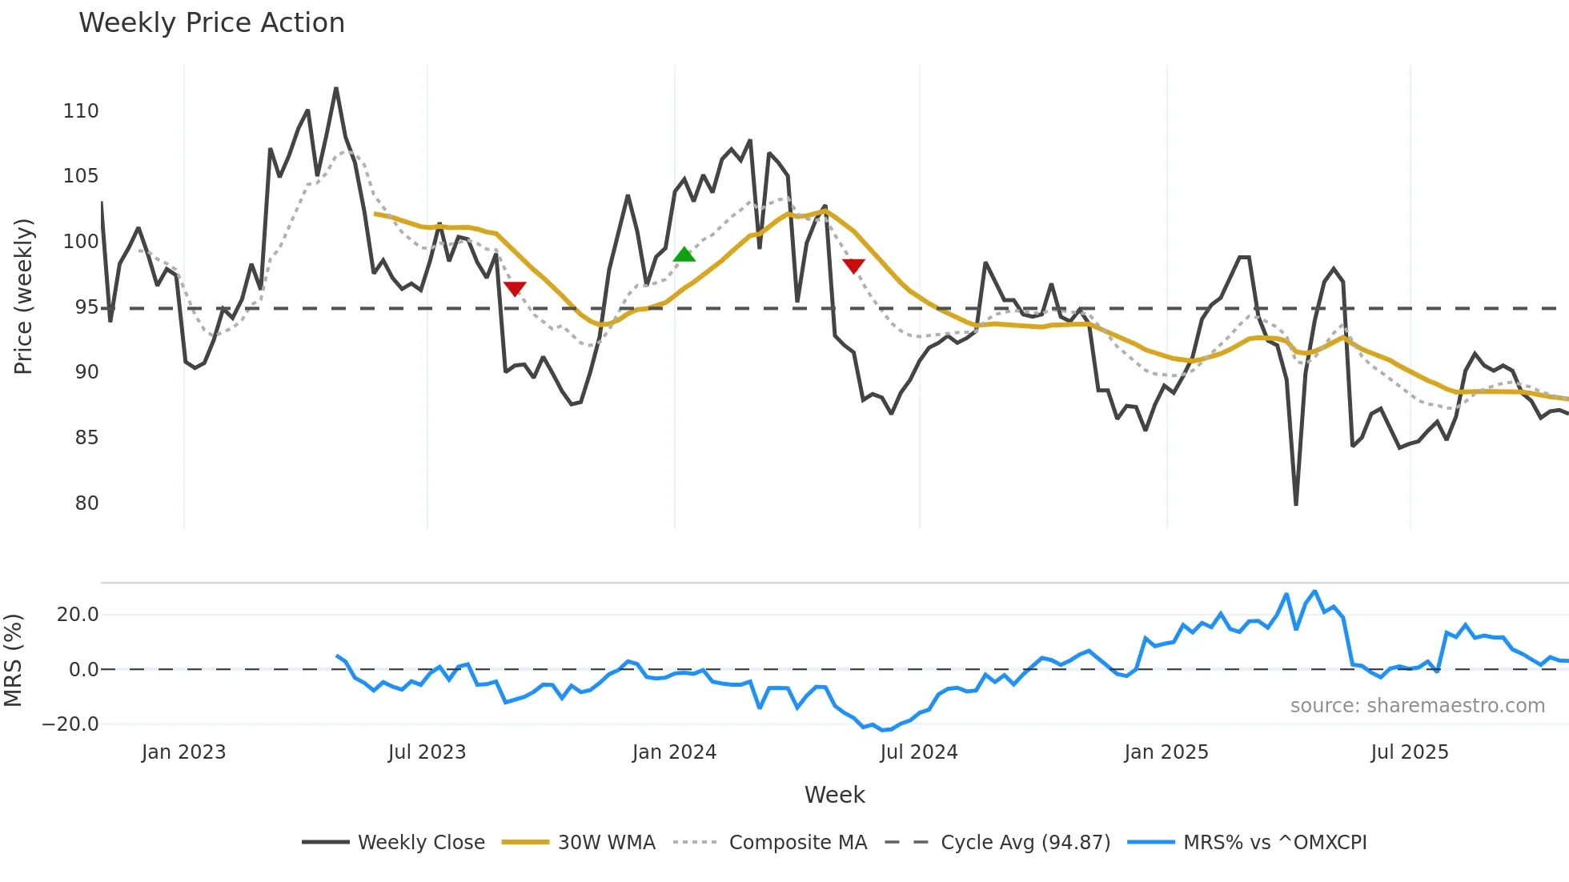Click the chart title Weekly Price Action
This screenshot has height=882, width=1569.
click(x=211, y=23)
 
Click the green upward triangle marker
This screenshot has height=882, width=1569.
click(x=684, y=255)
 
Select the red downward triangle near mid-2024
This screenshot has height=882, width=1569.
click(x=853, y=266)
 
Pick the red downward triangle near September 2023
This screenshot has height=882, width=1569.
click(x=515, y=289)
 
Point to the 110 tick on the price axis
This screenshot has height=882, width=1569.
click(x=81, y=111)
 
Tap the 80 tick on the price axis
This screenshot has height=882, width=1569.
click(x=86, y=503)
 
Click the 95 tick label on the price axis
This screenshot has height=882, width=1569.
click(x=86, y=307)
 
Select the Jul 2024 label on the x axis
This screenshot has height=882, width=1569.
click(x=918, y=752)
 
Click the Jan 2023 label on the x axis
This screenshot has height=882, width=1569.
click(x=183, y=752)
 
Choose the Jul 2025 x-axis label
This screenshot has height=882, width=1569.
click(x=1409, y=752)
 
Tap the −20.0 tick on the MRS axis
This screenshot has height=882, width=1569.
click(x=70, y=724)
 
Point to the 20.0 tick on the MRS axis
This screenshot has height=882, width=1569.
click(x=78, y=615)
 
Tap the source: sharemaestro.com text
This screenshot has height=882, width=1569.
click(x=1417, y=706)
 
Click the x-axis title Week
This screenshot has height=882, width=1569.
click(x=834, y=795)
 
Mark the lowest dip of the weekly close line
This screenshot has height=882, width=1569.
click(x=1296, y=504)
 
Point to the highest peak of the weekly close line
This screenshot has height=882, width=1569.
click(x=336, y=89)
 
